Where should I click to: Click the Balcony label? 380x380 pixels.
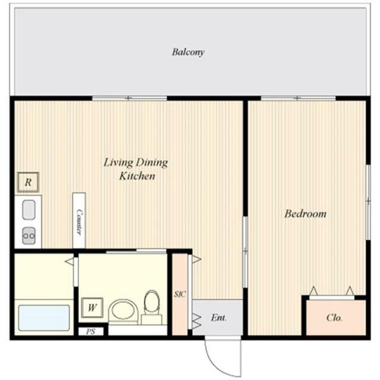(188, 52)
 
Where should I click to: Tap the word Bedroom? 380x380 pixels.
(305, 214)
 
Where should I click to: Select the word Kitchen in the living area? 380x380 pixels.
(137, 176)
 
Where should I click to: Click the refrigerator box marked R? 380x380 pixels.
(28, 182)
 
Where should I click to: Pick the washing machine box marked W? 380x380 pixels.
(92, 308)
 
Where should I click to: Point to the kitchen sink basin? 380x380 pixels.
(29, 210)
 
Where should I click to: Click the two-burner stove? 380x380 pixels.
(29, 236)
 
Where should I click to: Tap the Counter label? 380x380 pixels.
(79, 221)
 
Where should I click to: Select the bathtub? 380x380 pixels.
(44, 318)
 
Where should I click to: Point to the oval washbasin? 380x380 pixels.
(123, 311)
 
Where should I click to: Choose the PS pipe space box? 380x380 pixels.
(91, 331)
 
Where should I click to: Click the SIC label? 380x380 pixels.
(180, 294)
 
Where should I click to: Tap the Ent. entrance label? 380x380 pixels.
(218, 318)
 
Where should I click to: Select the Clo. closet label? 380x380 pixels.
(334, 318)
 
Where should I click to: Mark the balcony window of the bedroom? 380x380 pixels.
(298, 98)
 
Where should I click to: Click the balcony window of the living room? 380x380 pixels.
(129, 98)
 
